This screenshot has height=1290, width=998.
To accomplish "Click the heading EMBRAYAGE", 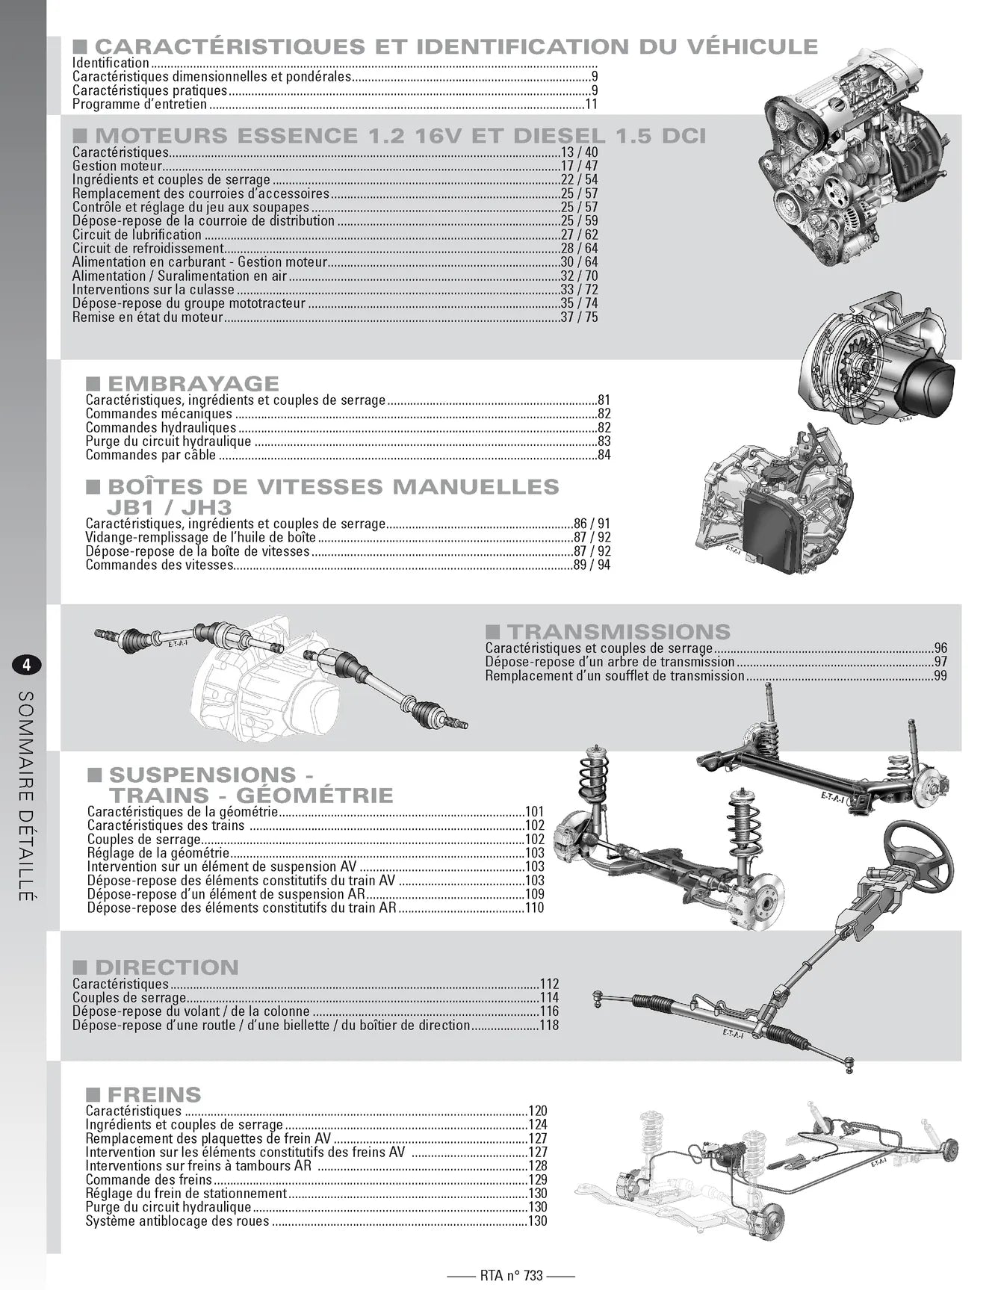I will (x=193, y=384).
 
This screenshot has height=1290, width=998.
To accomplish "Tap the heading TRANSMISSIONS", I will (x=618, y=632).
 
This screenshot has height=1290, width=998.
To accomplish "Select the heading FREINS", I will (x=154, y=1095).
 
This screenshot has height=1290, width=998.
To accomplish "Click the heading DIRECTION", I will (x=166, y=967).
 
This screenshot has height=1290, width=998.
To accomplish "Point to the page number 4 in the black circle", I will (x=26, y=665).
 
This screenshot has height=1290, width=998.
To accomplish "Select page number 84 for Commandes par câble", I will (x=604, y=456).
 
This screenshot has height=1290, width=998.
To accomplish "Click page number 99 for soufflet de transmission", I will (x=940, y=676).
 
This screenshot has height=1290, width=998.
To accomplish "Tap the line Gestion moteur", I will (x=117, y=166).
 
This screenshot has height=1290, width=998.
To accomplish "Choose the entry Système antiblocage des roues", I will (x=177, y=1221).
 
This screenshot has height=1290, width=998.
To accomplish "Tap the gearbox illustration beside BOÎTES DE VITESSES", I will (x=777, y=508).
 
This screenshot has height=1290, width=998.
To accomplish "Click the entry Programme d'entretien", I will (x=140, y=105).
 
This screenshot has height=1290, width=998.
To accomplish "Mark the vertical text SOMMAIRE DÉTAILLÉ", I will (x=25, y=796).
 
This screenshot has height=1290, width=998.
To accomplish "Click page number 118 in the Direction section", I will (x=548, y=1026).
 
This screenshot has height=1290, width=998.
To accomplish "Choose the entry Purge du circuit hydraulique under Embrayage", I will (x=168, y=441).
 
